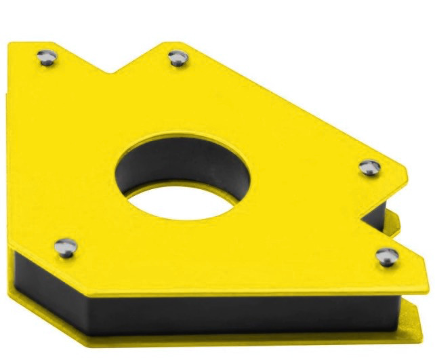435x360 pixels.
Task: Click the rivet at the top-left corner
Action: coord(45,57)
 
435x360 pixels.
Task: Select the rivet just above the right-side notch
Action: coord(369,167)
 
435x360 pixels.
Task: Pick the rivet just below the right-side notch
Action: coord(388,256)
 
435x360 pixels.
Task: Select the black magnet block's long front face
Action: coord(203,315)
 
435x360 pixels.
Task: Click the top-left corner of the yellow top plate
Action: coord(11,44)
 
